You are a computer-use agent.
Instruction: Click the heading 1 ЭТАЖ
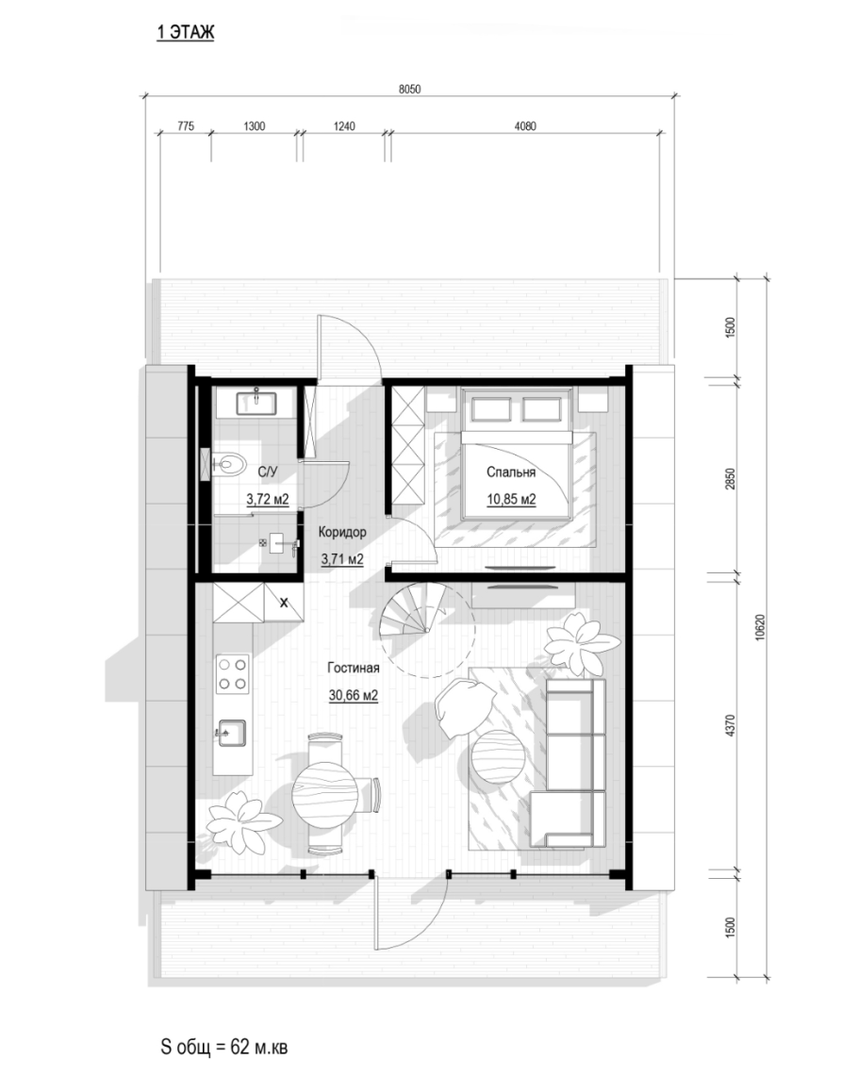pos(185,32)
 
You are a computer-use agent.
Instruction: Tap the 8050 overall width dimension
pos(409,90)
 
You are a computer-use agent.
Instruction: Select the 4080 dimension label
pos(525,125)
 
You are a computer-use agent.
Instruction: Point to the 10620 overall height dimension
pos(760,626)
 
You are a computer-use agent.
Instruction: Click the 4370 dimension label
pos(731,725)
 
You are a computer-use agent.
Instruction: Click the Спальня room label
pos(511,472)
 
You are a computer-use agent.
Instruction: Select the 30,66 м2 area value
pos(354,695)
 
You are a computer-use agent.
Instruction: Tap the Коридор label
pos(342,532)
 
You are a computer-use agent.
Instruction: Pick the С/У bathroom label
pos(268,472)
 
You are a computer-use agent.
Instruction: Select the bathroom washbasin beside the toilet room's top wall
pos(256,403)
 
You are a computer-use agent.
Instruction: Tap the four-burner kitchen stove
pos(233,674)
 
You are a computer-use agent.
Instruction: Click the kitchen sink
pos(231,732)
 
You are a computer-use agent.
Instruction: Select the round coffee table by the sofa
pos(497,758)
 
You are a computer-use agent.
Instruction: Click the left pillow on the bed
pos(490,409)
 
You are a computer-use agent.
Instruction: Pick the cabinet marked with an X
pos(284,604)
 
